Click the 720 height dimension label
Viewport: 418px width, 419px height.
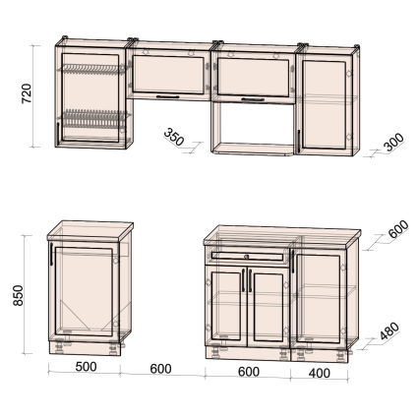coord(27,93)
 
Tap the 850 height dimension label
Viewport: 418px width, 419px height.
coord(19,295)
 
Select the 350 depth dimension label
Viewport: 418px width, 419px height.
coord(174,137)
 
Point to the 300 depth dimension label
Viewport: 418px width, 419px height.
coord(393,142)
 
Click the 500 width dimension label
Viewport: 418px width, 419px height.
coord(86,367)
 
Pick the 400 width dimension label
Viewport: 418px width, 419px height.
coord(319,373)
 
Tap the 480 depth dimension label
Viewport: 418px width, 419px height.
coord(389,330)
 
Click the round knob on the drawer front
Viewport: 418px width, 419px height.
coord(247,256)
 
